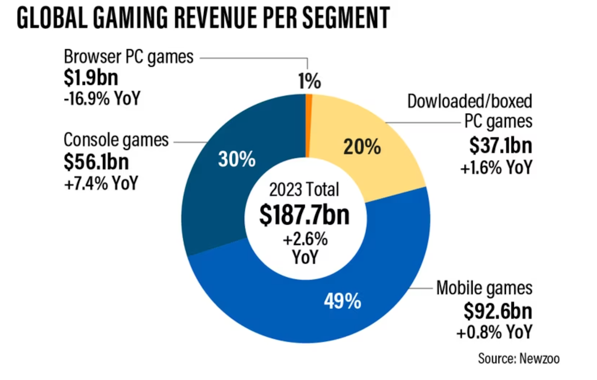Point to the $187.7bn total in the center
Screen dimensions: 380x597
(x=304, y=215)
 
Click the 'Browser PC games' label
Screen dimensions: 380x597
(x=128, y=57)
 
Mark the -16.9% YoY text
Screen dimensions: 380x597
(x=102, y=98)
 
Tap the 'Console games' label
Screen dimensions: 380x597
(x=116, y=140)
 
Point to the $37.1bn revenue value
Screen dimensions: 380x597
(x=500, y=146)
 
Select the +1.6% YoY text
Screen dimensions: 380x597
(x=497, y=166)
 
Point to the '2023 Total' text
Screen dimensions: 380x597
(x=304, y=189)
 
